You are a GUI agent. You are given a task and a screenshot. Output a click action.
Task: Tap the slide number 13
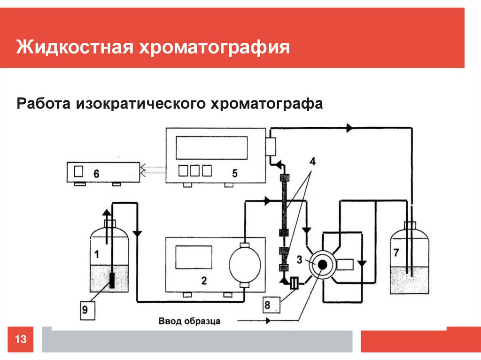(21, 339)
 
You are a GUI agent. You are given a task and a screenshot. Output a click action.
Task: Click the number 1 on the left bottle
(97, 255)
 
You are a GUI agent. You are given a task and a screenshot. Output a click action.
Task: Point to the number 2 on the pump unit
(204, 281)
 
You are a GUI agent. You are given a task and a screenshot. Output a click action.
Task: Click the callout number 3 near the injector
(299, 260)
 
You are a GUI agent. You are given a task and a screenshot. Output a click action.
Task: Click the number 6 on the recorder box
(96, 174)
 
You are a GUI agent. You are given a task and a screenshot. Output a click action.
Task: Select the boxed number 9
(85, 309)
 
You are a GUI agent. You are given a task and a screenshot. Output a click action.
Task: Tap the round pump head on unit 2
(244, 264)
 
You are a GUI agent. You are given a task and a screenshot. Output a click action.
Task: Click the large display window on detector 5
(211, 147)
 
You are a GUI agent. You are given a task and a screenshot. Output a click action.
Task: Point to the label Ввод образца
(189, 322)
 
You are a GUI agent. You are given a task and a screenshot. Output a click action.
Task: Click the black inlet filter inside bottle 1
(112, 280)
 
